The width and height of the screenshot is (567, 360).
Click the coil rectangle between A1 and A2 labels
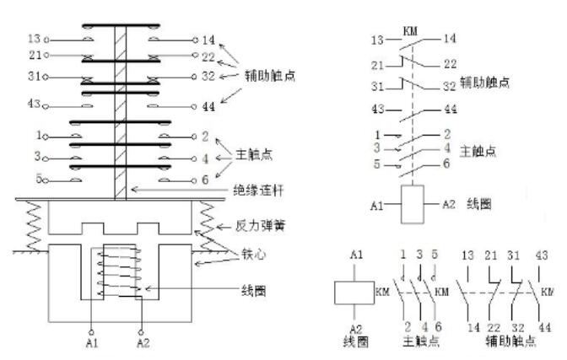[x=413, y=205]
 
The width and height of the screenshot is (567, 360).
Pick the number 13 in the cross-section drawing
[x=34, y=39]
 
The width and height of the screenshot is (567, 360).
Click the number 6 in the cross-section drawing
[x=205, y=180]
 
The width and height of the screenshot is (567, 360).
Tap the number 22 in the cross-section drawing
[x=208, y=56]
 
